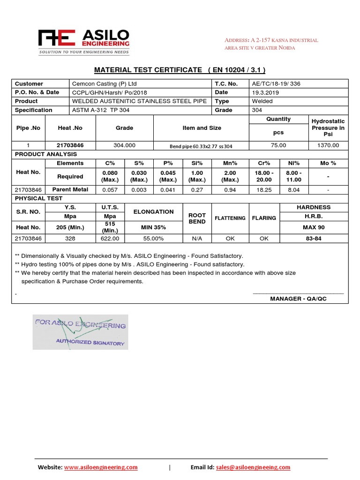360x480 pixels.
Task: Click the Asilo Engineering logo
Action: pos(84,42)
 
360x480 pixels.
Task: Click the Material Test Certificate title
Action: pos(180,70)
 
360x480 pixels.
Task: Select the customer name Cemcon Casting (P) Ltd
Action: pos(104,83)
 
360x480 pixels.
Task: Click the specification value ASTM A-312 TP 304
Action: pos(100,110)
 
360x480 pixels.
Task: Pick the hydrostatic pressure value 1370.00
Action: pos(328,145)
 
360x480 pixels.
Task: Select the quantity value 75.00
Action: pos(278,145)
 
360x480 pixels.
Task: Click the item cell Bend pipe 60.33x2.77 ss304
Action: pos(201,146)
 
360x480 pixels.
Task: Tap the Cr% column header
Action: pos(264,163)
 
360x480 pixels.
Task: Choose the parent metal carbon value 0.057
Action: pos(110,190)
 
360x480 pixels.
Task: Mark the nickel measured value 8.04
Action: pos(294,190)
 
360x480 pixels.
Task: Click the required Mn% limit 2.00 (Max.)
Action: pos(230,176)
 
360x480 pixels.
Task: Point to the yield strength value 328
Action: pos(70,238)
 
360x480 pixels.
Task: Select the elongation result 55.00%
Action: pos(154,238)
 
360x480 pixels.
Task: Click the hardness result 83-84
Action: pos(314,238)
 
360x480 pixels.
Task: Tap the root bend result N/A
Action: pos(197,238)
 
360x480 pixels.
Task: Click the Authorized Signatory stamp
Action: pos(80,333)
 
